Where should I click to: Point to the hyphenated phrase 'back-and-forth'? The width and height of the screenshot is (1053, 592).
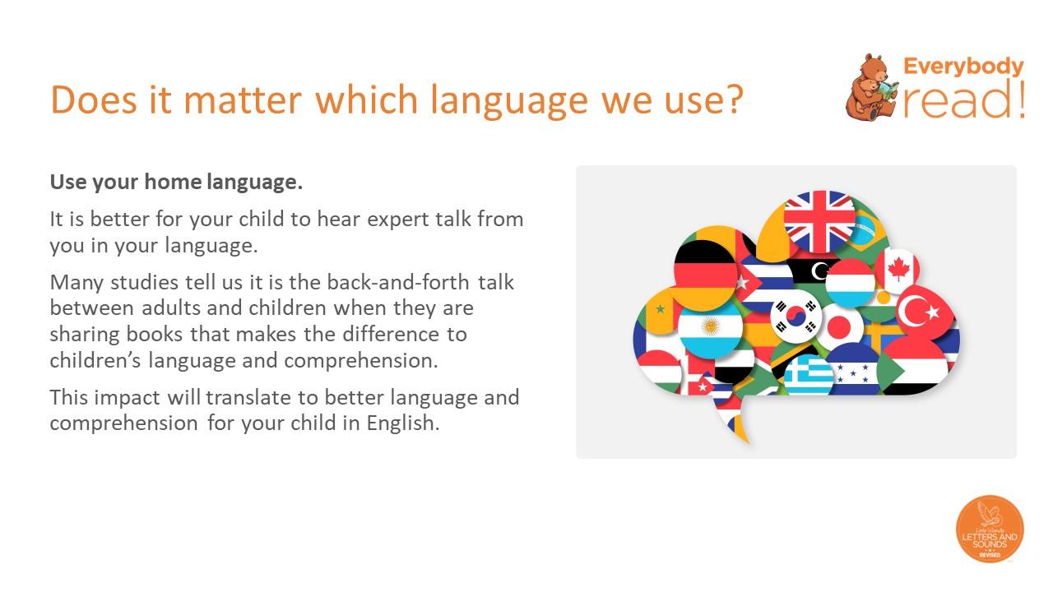tap(397, 282)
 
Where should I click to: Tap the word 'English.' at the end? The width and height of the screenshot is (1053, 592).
tap(403, 423)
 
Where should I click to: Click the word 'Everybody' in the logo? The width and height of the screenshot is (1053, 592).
tap(963, 67)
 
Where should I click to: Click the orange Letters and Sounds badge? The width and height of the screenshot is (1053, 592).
tap(990, 529)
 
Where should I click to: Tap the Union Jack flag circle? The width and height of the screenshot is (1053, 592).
tap(819, 222)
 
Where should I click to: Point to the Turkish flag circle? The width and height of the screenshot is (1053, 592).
tap(925, 312)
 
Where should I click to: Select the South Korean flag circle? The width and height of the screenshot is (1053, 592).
tap(796, 317)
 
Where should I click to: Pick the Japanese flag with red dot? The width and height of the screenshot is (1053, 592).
tap(839, 327)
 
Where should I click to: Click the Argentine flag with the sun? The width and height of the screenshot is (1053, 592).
tap(710, 327)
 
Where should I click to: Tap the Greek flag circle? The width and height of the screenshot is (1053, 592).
tap(808, 374)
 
